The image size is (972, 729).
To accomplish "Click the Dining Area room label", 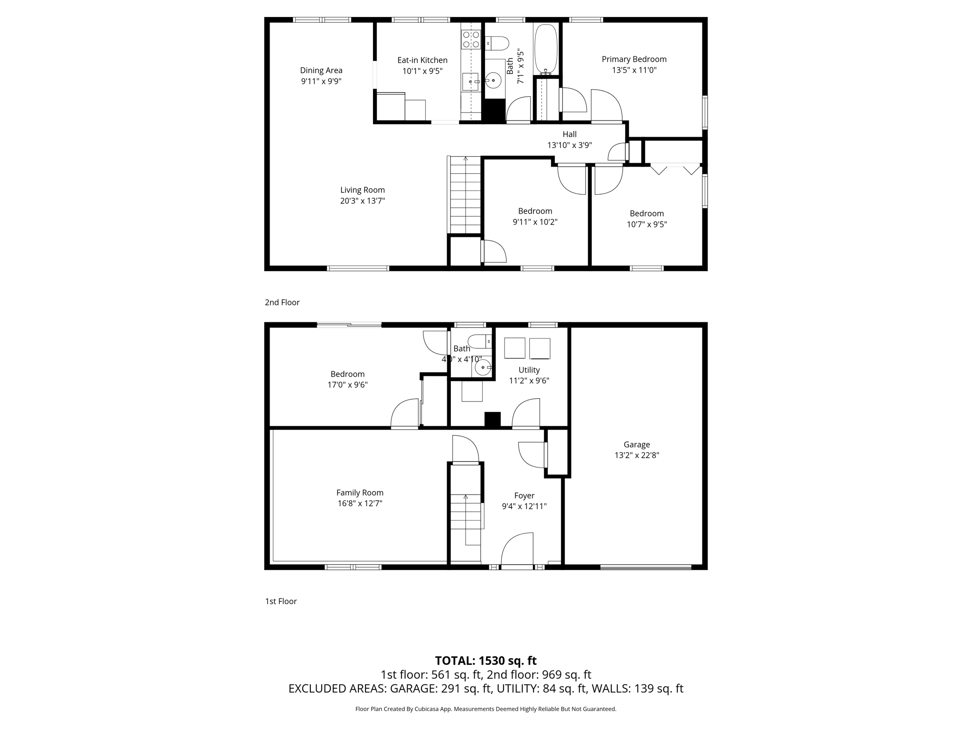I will click(321, 70).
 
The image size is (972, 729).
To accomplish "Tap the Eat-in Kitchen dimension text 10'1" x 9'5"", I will click(422, 71).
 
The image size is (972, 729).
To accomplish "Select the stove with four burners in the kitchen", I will click(470, 39).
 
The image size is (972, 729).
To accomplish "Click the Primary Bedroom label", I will click(634, 59).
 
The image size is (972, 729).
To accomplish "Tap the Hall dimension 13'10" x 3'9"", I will click(569, 145).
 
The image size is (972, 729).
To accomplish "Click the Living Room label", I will click(362, 190).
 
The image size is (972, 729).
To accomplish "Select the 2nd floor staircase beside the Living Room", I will click(465, 196).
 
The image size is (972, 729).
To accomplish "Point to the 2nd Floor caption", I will click(282, 302).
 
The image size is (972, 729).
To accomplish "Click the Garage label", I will click(636, 445).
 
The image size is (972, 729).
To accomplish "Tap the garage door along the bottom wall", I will click(645, 567).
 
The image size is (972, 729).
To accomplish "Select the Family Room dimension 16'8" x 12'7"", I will click(360, 504).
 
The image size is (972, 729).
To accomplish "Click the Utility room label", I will click(529, 370).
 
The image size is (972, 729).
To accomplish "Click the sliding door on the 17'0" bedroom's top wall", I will click(349, 325).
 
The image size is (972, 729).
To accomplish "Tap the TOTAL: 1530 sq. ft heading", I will click(486, 661).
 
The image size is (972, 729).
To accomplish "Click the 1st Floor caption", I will click(280, 601).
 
